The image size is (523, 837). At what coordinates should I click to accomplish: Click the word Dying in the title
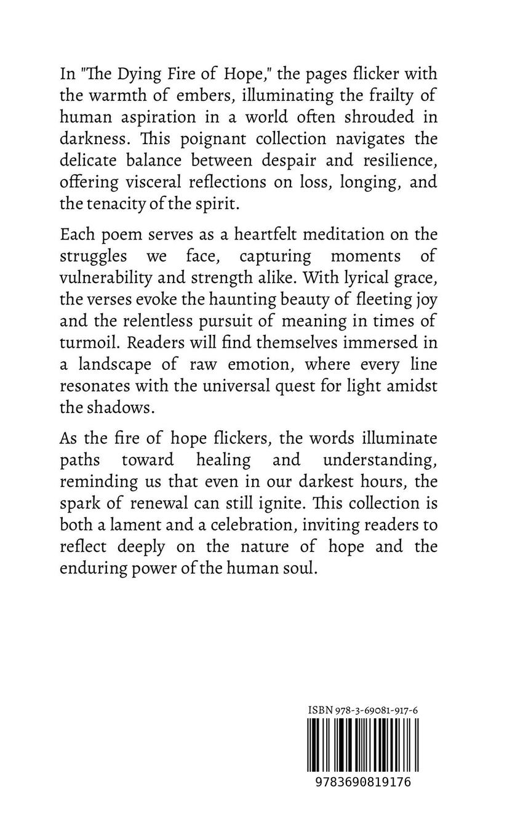click(x=143, y=75)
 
